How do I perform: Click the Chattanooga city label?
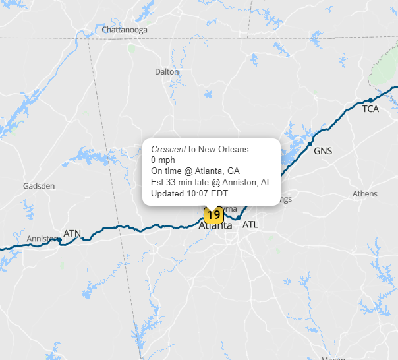pyautogui.click(x=125, y=30)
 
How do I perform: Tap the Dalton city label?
pyautogui.click(x=167, y=71)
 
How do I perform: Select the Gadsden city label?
pyautogui.click(x=39, y=186)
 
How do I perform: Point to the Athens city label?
pyautogui.click(x=365, y=194)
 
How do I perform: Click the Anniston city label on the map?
pyautogui.click(x=42, y=239)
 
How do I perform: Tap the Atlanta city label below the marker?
pyautogui.click(x=215, y=225)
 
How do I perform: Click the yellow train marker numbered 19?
pyautogui.click(x=213, y=214)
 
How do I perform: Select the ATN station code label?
pyautogui.click(x=72, y=233)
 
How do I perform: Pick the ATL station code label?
pyautogui.click(x=250, y=225)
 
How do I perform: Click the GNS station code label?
pyautogui.click(x=323, y=151)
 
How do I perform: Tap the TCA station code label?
pyautogui.click(x=370, y=109)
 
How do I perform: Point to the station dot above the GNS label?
pyautogui.click(x=309, y=142)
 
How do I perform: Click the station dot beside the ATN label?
pyautogui.click(x=59, y=240)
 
